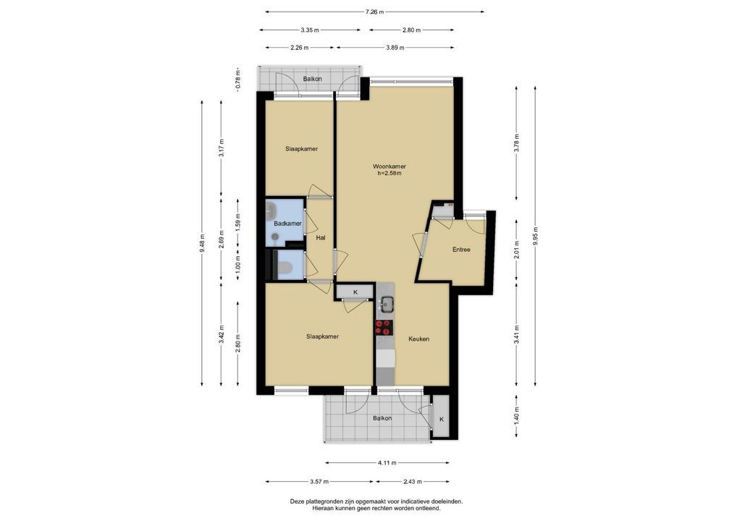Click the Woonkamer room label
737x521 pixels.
tap(389, 166)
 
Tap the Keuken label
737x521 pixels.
tap(418, 339)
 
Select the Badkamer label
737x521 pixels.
tap(287, 224)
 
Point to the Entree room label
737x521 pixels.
tap(461, 250)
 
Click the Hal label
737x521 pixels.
tap(321, 238)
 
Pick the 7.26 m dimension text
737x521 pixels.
tap(374, 12)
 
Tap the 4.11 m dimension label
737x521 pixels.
tap(387, 462)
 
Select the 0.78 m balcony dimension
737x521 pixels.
tap(238, 80)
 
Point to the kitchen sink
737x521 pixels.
tap(387, 303)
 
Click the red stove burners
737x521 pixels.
tap(384, 328)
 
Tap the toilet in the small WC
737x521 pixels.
tap(284, 268)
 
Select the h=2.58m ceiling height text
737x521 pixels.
tap(389, 174)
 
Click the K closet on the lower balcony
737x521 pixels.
tap(441, 418)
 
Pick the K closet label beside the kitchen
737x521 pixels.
tap(355, 292)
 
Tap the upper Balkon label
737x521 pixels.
tap(313, 79)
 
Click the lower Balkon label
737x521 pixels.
tap(382, 418)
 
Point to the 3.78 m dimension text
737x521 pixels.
tap(517, 144)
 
